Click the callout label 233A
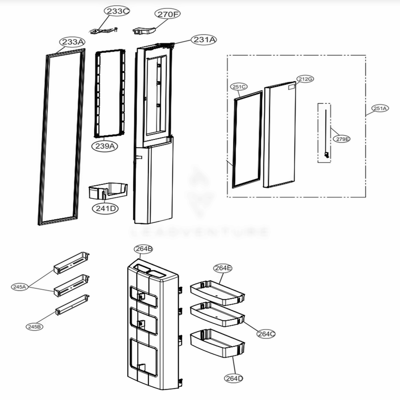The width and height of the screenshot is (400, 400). tap(73, 42)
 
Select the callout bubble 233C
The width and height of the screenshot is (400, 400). tap(118, 12)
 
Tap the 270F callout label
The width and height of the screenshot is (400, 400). tap(168, 14)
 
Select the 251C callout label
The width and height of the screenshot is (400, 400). tap(239, 86)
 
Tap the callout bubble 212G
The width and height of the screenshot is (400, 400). tap(305, 79)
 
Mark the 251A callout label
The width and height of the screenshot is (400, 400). tap(380, 108)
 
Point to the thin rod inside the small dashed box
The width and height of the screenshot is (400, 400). tap(326, 132)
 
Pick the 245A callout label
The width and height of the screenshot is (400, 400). tap(20, 287)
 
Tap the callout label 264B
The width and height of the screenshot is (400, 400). tap(144, 249)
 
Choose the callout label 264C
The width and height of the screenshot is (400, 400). tap(266, 334)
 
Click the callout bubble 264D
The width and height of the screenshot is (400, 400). tap(234, 378)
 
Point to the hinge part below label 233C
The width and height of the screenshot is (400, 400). tap(103, 30)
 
